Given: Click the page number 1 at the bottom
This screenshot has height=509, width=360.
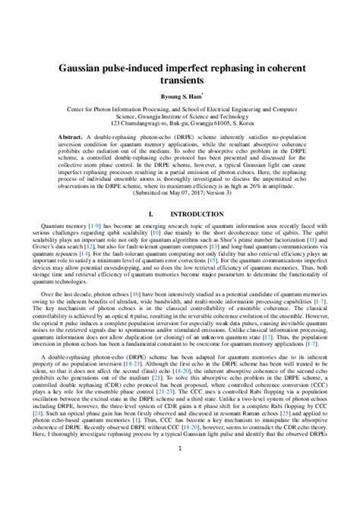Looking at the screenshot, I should coord(180,493).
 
